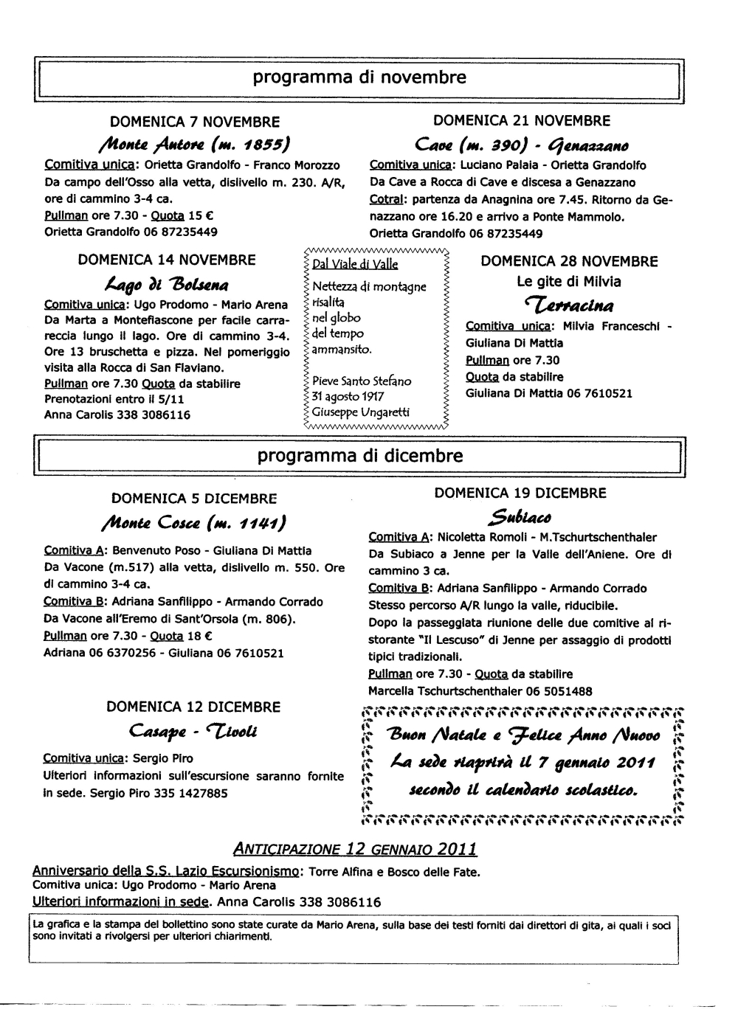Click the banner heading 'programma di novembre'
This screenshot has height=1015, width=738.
point(360,77)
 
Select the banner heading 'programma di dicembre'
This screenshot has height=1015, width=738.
point(360,456)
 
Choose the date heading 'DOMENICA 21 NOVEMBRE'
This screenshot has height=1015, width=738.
point(522,120)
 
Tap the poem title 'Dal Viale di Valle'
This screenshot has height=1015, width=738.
point(355,264)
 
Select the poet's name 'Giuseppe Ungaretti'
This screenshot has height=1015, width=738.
point(361,412)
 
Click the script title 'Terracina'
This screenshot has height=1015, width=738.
point(568,304)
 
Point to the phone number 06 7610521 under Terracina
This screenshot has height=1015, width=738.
point(599,394)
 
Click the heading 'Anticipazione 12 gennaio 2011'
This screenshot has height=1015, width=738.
point(355,849)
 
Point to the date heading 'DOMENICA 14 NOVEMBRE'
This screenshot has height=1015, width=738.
point(167,260)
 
